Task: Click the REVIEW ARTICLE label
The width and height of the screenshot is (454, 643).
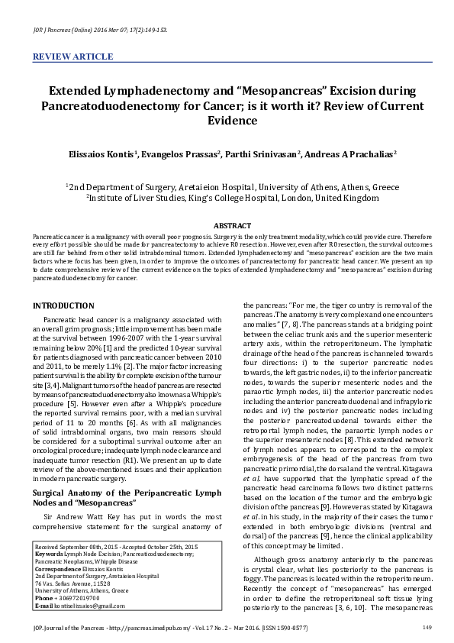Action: click(66, 57)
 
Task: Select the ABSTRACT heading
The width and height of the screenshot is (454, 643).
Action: click(227, 227)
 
